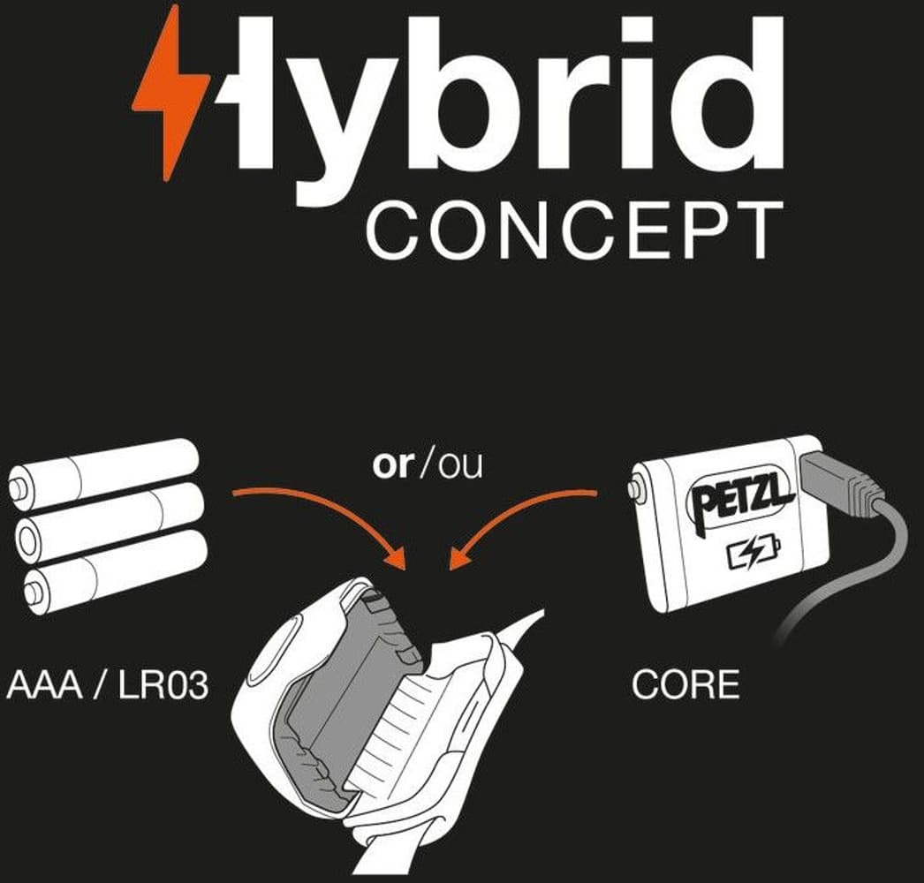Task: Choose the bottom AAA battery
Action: [x=115, y=570]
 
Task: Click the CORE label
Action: [x=685, y=685]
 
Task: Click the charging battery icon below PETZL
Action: [x=754, y=555]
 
